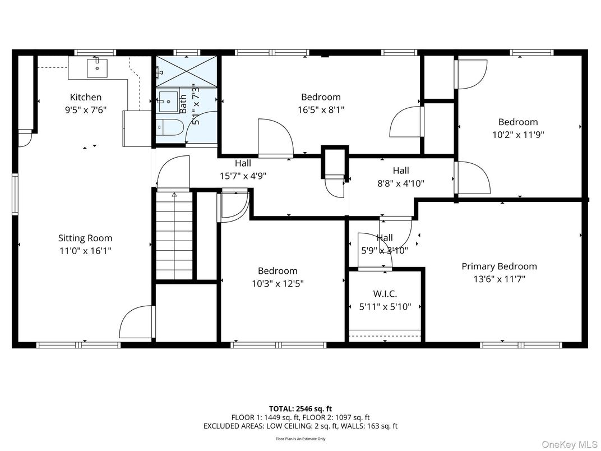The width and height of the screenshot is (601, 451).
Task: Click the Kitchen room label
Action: (85, 98)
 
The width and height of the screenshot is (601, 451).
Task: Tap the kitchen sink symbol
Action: (97, 68)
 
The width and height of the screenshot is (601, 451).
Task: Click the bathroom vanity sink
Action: (167, 102)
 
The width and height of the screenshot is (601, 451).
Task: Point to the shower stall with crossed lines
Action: (186, 71)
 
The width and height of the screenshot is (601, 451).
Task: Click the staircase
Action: (174, 236)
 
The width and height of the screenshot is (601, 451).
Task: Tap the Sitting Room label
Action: (85, 238)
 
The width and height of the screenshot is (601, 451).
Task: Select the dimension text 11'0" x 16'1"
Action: (85, 251)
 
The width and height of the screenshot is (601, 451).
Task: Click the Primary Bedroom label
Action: (499, 266)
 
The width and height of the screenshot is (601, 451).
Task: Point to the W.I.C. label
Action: (385, 294)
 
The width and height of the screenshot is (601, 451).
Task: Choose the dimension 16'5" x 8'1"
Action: (321, 110)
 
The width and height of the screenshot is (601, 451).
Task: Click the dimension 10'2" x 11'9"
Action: (518, 135)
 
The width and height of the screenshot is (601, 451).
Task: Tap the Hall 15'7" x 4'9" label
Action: (243, 169)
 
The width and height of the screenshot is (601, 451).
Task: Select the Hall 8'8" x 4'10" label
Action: (400, 177)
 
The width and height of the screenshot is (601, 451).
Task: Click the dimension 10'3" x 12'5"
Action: (278, 284)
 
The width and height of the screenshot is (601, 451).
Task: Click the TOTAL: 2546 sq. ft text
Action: (300, 409)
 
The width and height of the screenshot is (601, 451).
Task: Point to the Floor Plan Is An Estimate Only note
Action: (300, 439)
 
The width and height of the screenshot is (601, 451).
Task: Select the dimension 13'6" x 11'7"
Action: (499, 279)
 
